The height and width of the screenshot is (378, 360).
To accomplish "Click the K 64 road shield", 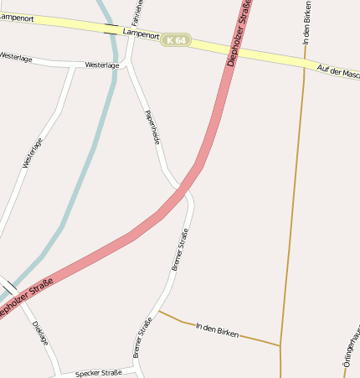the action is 177,39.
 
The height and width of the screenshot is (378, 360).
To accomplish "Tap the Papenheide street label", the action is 152,127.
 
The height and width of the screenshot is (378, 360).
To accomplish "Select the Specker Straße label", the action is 99,373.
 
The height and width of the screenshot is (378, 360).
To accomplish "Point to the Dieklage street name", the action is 40,334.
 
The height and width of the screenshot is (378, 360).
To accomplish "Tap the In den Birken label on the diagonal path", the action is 217,329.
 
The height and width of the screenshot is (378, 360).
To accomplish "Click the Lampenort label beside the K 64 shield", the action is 141,34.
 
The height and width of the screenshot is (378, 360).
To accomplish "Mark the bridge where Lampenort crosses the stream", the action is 111,29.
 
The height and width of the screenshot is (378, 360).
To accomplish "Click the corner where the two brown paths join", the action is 280,345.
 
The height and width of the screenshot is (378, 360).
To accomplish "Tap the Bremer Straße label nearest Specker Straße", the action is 143,337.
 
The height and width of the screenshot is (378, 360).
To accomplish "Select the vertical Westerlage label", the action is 32,153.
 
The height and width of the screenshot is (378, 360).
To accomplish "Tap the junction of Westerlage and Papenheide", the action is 127,63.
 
